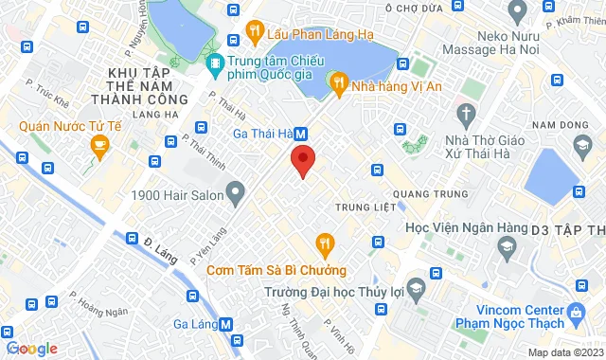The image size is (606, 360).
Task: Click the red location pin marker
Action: pos(302,160)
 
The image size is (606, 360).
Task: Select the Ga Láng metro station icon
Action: pos(225,323)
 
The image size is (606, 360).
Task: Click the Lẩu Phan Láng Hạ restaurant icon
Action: pos(254,31)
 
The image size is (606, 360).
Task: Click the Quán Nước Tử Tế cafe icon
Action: pos(98,145)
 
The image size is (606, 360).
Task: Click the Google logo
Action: pos(30,349)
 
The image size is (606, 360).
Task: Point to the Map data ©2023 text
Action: pos(563,353)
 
